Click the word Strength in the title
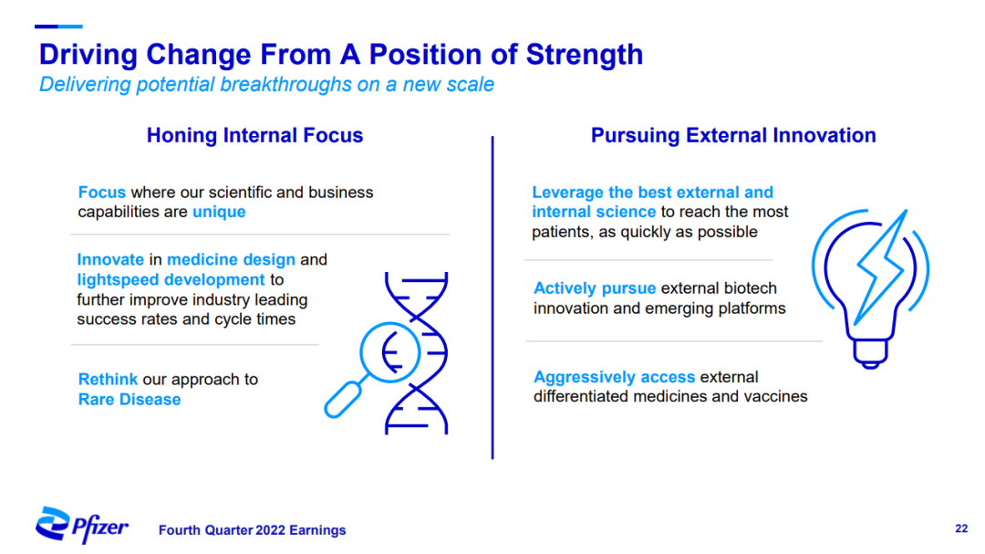[x=585, y=55]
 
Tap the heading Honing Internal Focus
[x=255, y=135]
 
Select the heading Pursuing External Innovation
[x=733, y=135]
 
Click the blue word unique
[x=219, y=212]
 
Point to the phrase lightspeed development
[x=171, y=280]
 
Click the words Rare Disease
[x=130, y=400]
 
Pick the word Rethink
[x=108, y=379]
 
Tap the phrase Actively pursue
[x=595, y=288]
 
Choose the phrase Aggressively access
[x=615, y=377]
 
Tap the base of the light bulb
[x=870, y=353]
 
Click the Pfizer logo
[x=82, y=525]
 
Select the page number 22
[x=961, y=528]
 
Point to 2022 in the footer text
[x=270, y=530]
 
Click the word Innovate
[x=110, y=260]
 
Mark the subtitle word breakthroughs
[x=285, y=84]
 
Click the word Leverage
[x=568, y=193]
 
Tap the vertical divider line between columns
[x=493, y=298]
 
